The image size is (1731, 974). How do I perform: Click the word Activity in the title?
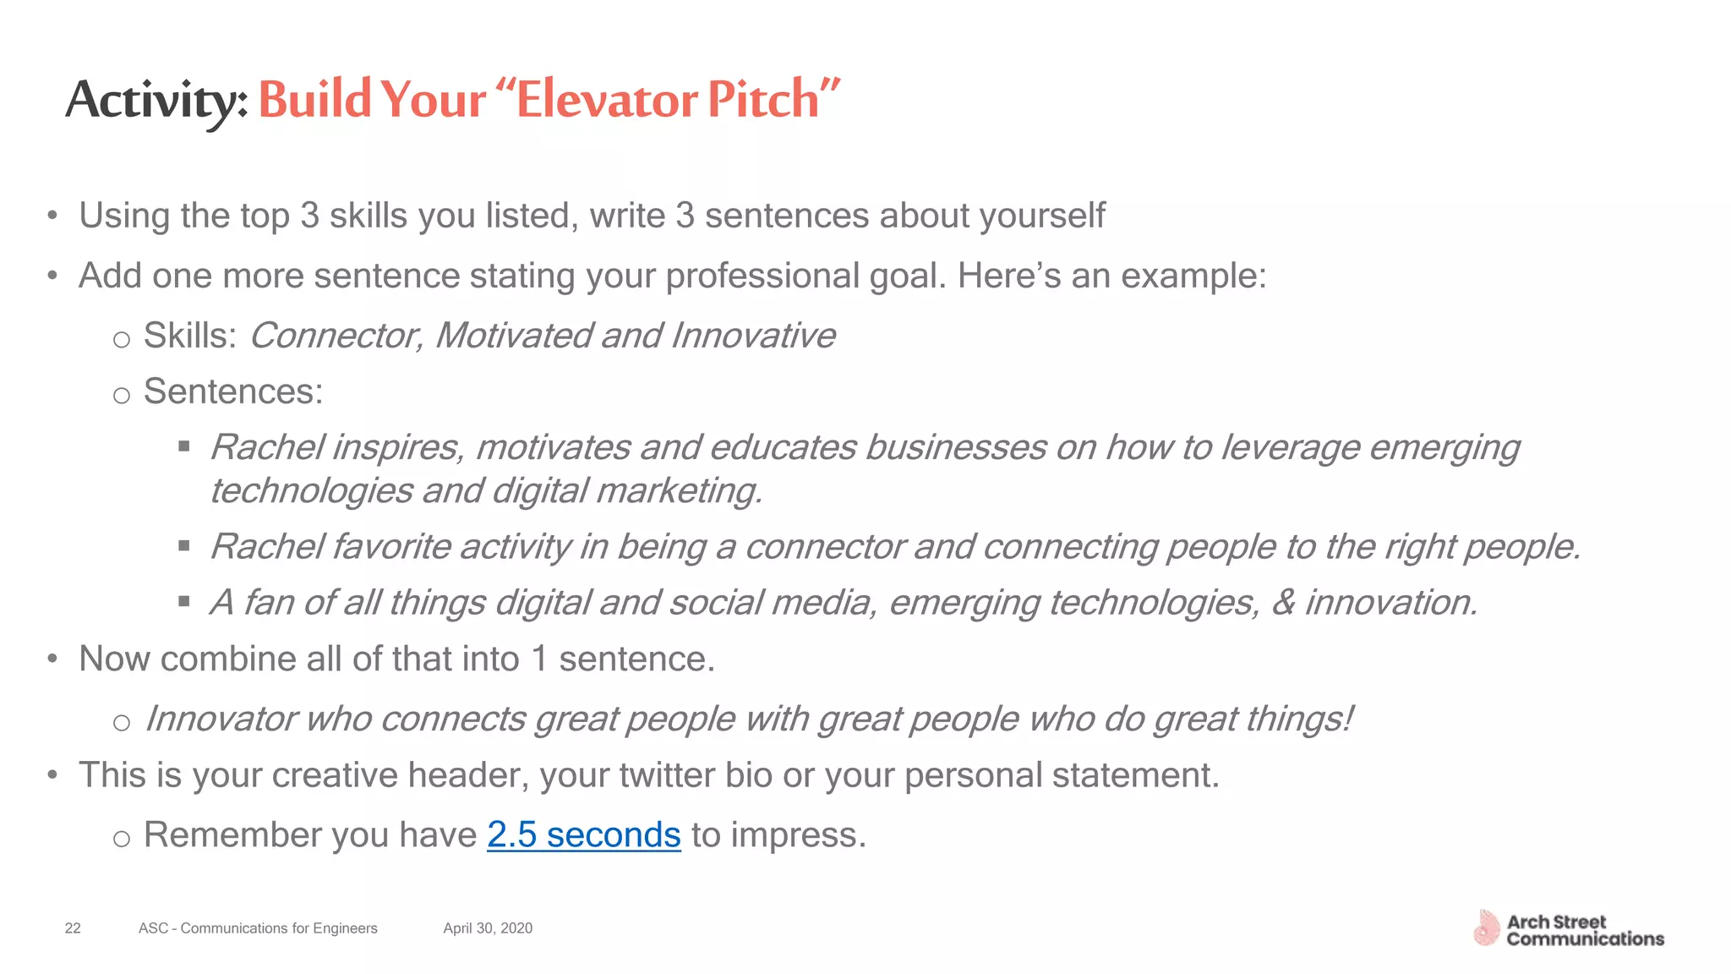(x=156, y=100)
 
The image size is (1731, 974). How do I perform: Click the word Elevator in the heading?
(x=606, y=100)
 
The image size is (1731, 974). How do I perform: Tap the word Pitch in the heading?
(x=763, y=100)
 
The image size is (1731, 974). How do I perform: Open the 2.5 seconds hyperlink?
(x=583, y=834)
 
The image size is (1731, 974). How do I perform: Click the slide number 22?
(x=73, y=928)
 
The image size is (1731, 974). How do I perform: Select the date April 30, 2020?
(x=488, y=928)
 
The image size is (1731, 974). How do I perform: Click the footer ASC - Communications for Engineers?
(x=258, y=928)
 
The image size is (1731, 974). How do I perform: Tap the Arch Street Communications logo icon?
(x=1485, y=928)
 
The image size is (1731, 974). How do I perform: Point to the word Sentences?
(x=233, y=391)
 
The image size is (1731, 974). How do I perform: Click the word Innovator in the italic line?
(x=221, y=719)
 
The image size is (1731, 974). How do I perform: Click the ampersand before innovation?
(x=1283, y=603)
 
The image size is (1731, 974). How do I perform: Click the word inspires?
(x=397, y=448)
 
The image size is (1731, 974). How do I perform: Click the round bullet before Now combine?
(x=52, y=659)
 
